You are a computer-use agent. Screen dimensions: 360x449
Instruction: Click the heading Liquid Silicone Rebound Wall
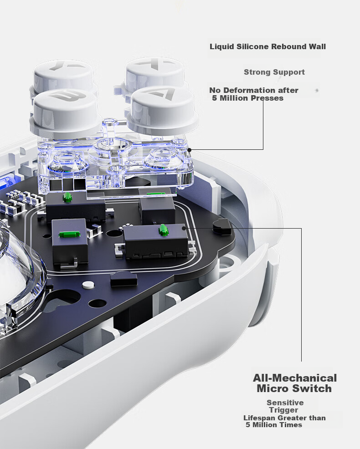coord(267,46)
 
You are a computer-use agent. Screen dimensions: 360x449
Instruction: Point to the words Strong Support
coord(274,72)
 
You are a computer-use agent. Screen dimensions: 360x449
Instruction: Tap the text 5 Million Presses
coord(247,98)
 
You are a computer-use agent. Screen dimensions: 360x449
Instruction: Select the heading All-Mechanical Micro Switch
coord(295,383)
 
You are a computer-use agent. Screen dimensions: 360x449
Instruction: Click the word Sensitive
coord(285,403)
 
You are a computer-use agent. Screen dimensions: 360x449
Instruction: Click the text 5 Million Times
coord(274,425)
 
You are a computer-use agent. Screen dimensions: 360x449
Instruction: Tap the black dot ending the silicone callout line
coord(189,150)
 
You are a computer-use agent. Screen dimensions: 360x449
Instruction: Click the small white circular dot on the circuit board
coord(88,285)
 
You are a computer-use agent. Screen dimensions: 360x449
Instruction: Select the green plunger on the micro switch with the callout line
coord(163,230)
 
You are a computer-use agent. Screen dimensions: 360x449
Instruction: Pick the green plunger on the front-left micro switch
coord(69,234)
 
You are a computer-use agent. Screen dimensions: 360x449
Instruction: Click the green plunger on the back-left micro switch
coord(67,196)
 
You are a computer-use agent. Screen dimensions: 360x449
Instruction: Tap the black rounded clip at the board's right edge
coord(222,226)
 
